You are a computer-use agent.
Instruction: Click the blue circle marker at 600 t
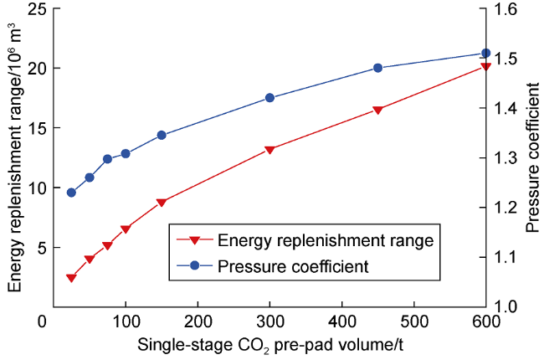(485, 53)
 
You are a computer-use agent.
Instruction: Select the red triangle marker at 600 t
(485, 66)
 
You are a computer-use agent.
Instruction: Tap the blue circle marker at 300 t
(269, 98)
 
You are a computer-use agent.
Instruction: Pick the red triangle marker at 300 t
(269, 150)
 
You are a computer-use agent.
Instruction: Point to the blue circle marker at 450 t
(377, 68)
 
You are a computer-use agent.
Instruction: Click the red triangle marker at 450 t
(377, 111)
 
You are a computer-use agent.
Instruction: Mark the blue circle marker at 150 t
(162, 135)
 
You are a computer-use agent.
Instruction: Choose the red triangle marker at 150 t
(162, 203)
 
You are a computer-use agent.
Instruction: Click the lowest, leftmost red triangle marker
(71, 278)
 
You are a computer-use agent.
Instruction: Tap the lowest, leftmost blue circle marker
(71, 193)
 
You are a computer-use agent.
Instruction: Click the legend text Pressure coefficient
(294, 267)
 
